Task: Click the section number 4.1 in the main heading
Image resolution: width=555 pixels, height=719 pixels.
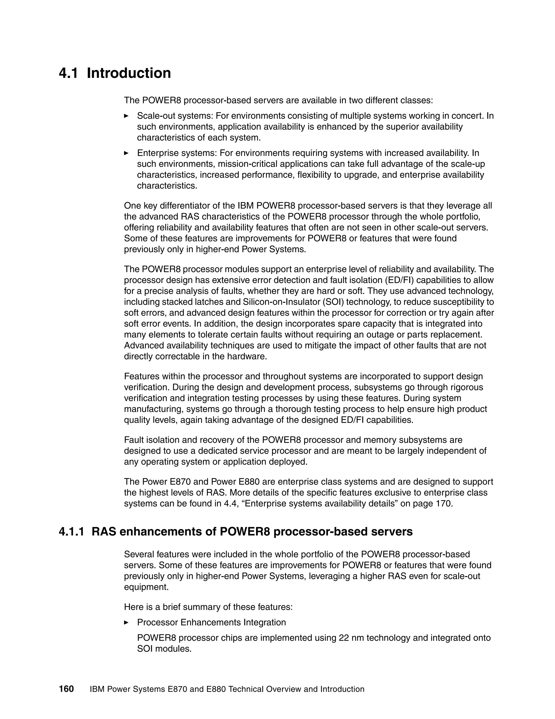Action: click(68, 73)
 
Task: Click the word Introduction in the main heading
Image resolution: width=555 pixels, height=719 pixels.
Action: click(129, 73)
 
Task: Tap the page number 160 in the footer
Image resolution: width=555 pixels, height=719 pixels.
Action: click(66, 689)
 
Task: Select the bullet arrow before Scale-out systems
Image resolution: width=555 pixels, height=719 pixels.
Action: click(126, 116)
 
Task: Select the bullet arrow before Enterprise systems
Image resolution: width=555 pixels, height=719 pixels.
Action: click(126, 153)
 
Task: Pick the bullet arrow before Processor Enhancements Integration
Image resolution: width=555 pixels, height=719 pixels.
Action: click(126, 622)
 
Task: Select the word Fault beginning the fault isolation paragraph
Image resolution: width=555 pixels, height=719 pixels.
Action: click(133, 440)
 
